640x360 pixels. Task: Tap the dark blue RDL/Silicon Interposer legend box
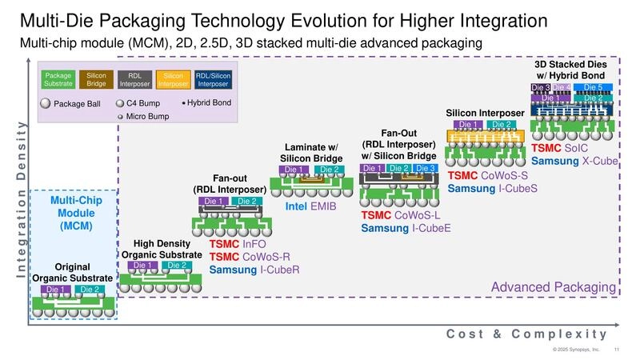(x=213, y=79)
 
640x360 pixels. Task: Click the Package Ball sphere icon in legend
(x=46, y=103)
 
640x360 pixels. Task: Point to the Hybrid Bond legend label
(x=210, y=102)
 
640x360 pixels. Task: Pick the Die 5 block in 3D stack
(x=594, y=87)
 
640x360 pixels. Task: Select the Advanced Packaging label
(x=553, y=287)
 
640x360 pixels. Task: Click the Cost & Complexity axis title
(x=526, y=334)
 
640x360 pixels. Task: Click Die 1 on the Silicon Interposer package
(x=468, y=125)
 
